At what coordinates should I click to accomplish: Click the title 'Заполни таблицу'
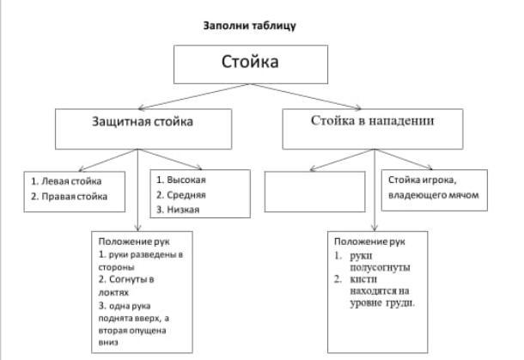click(249, 25)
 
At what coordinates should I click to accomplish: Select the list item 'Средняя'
click(186, 194)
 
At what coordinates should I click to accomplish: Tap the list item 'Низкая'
click(184, 209)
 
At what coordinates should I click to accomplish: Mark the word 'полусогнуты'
click(379, 268)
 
